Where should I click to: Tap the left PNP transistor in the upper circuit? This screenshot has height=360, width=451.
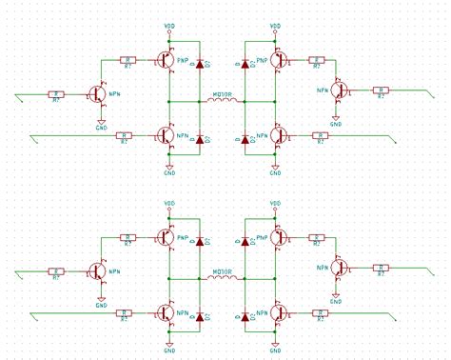coord(167,60)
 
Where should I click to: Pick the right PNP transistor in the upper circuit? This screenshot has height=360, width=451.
coord(277,60)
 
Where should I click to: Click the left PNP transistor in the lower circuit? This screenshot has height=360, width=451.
coord(167,237)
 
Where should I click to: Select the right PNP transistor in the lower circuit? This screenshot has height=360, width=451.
coord(277,237)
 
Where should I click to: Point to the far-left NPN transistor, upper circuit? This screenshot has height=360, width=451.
coord(98,94)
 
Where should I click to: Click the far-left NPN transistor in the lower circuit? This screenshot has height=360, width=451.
coord(98,272)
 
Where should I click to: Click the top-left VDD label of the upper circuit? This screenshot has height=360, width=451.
coord(169,26)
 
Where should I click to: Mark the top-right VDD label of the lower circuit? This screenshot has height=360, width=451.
coord(276,203)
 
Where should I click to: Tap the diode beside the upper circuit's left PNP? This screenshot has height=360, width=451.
coord(200,64)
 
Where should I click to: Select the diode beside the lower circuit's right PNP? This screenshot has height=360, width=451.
coord(245,241)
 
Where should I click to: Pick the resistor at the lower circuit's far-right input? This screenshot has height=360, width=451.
coord(380,270)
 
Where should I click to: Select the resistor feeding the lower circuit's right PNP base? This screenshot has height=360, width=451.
coord(316,237)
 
